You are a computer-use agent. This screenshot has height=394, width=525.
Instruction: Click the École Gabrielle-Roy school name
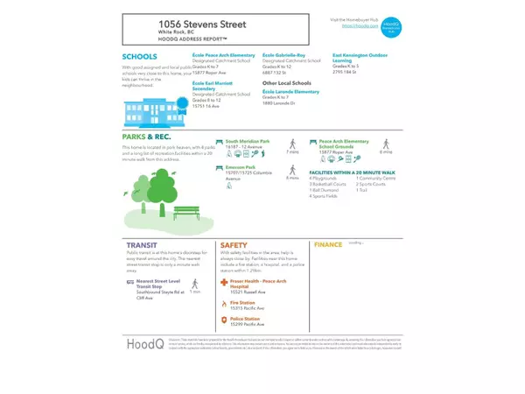tap(283, 54)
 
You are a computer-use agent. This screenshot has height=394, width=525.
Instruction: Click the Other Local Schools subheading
tap(287, 83)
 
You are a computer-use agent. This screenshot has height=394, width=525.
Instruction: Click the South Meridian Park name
tap(248, 140)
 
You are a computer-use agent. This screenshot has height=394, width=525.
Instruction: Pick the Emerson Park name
tap(241, 166)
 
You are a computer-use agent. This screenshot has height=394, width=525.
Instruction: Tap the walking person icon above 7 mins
tap(291, 143)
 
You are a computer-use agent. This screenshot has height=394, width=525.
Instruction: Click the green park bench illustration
tap(186, 212)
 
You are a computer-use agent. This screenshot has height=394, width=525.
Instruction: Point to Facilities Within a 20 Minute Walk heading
tap(353, 172)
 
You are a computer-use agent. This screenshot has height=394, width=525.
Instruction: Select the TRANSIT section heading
tap(143, 246)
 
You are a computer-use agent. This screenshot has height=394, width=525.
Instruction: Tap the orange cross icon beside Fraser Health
tap(225, 285)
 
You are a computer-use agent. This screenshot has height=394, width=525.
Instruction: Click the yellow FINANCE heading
tap(327, 245)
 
